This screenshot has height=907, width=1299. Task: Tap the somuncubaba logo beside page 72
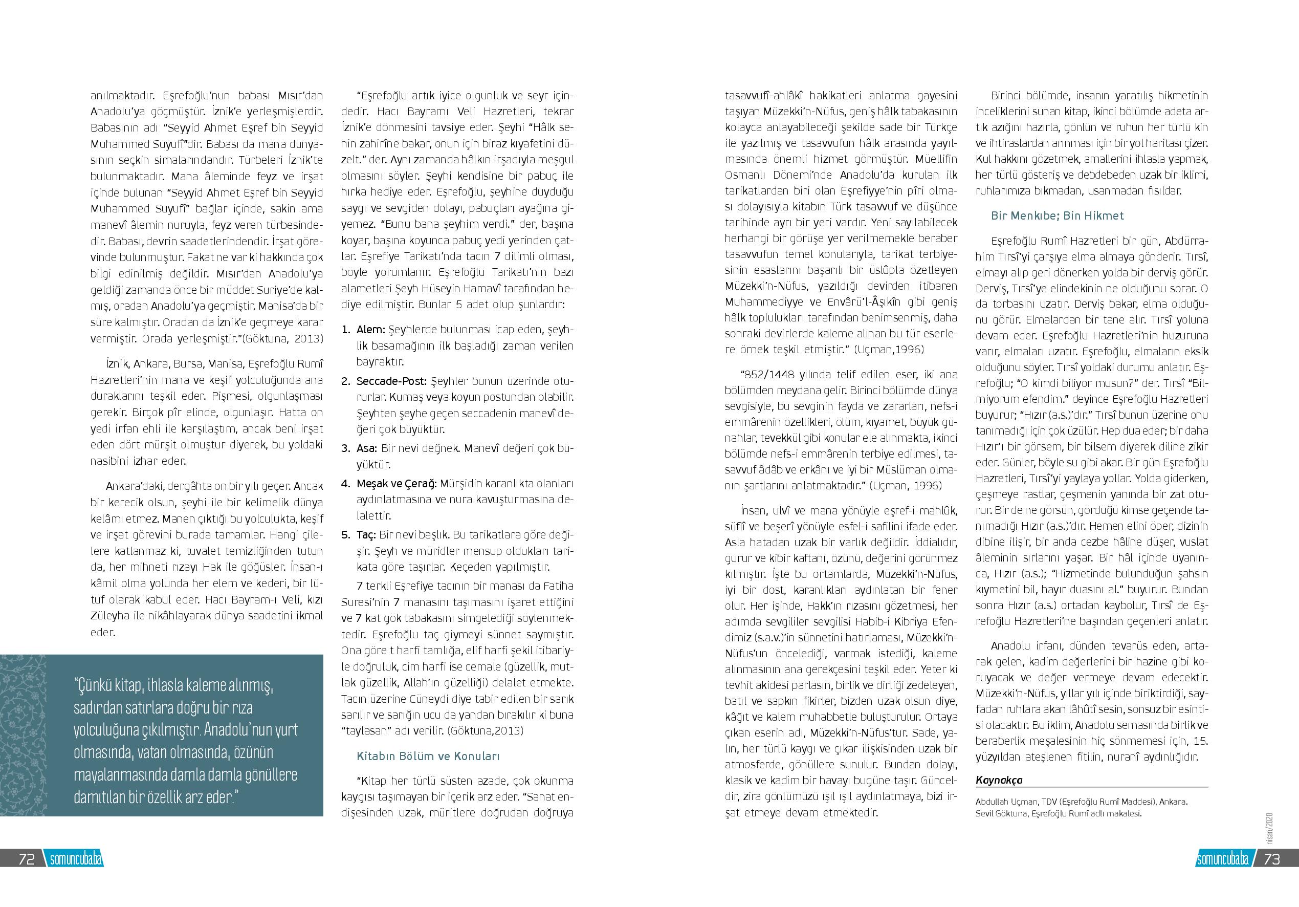point(75,859)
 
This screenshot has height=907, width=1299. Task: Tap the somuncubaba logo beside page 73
point(1223,859)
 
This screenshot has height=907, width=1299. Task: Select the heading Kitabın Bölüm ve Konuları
point(428,757)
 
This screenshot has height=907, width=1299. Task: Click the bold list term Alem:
point(370,330)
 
